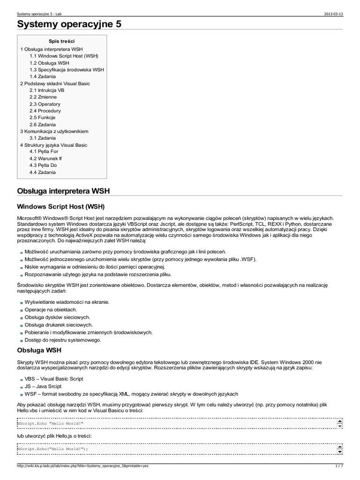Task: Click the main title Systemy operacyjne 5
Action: (69, 25)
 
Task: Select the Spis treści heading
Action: (61, 41)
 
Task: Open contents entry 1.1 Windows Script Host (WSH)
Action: (64, 56)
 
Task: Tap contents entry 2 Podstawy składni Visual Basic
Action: (55, 83)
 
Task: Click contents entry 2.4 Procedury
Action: (45, 111)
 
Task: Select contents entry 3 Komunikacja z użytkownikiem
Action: (54, 131)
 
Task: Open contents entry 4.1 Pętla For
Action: (44, 152)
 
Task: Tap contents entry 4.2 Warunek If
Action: (45, 158)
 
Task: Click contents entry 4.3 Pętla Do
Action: (43, 165)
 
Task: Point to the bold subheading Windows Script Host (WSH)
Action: (61, 206)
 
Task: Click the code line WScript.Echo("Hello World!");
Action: (52, 449)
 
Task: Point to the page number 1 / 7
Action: (339, 466)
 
